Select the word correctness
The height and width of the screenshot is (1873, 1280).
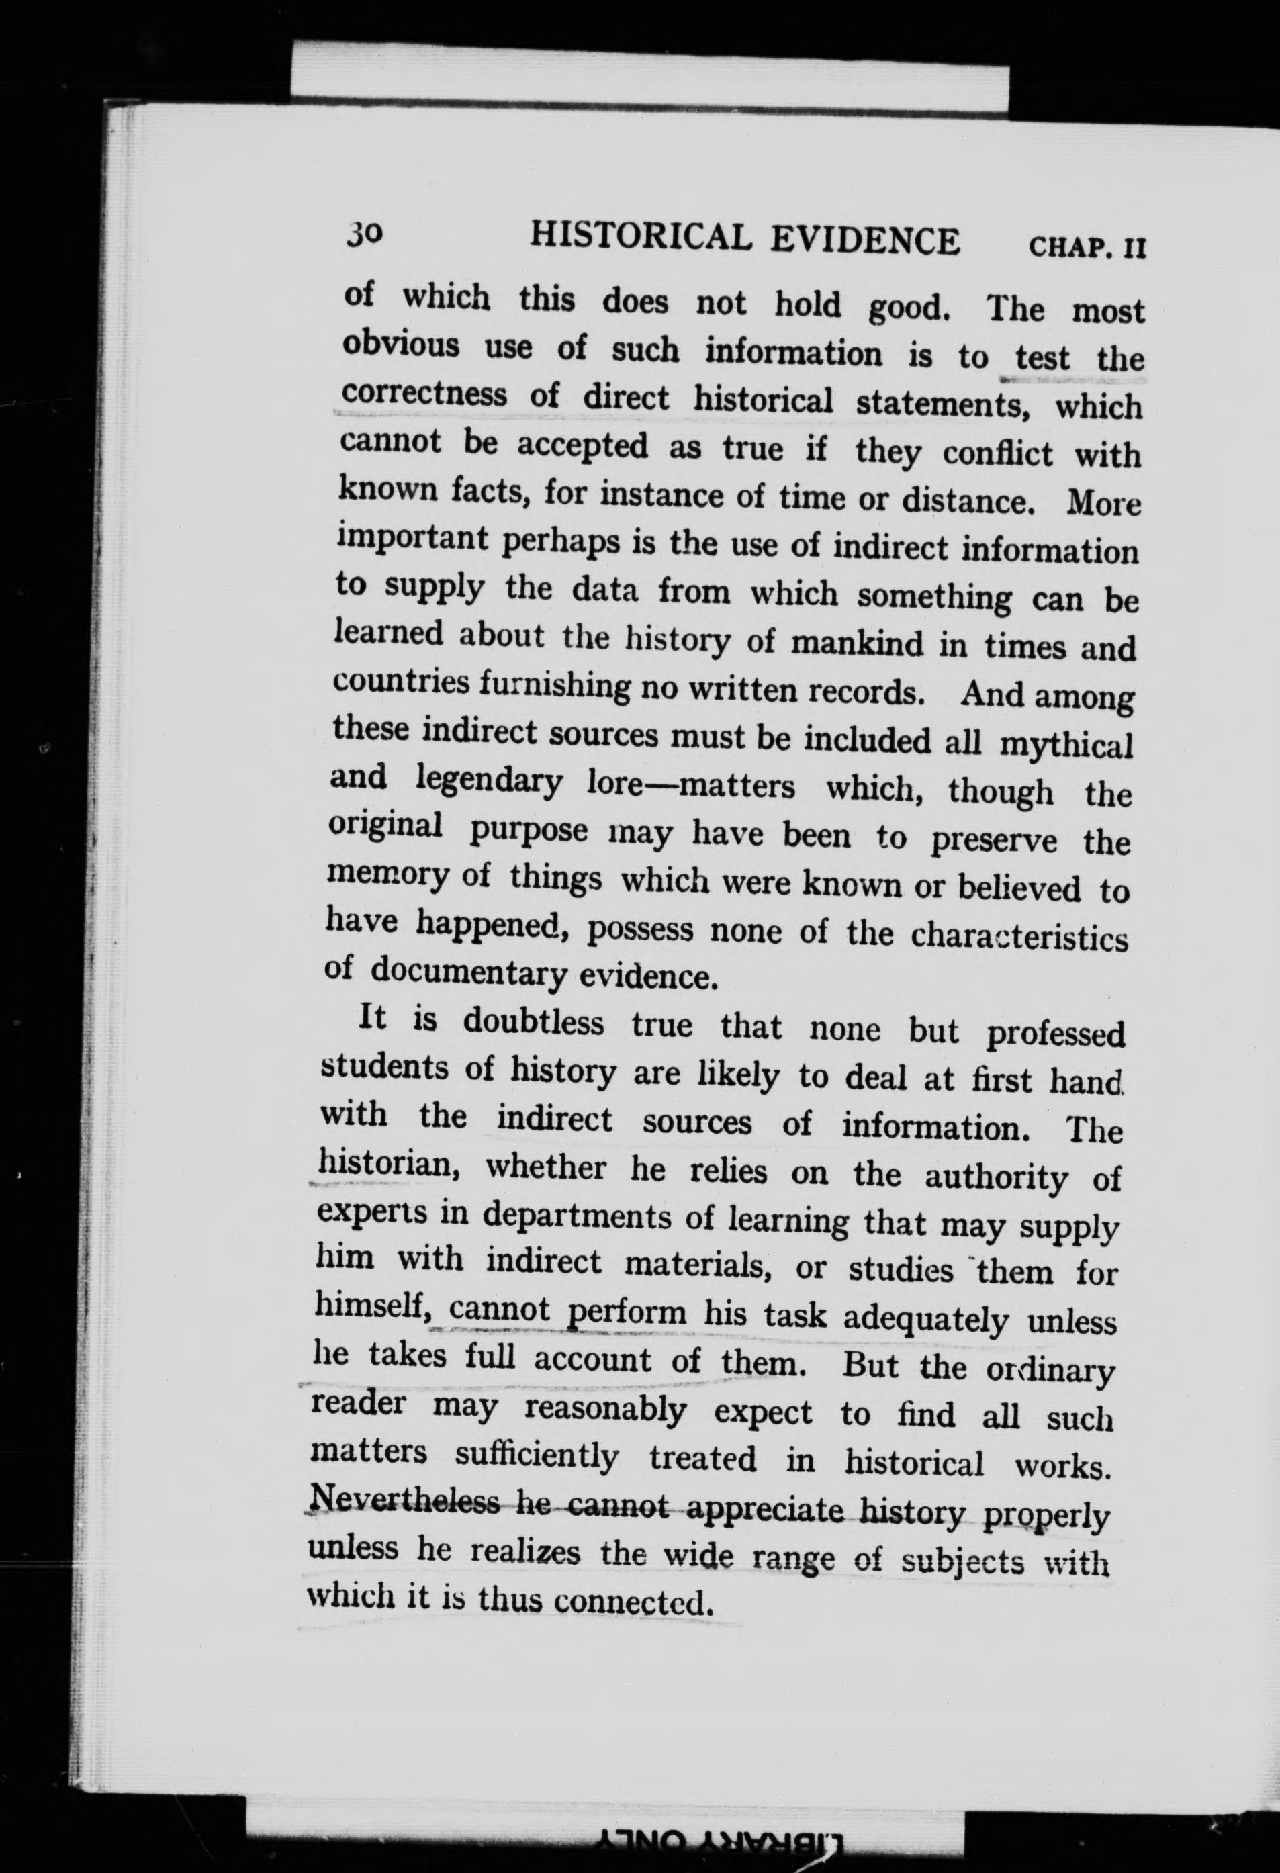click(424, 394)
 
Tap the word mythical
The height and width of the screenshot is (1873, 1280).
click(1066, 745)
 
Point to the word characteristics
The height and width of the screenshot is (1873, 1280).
click(1019, 938)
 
